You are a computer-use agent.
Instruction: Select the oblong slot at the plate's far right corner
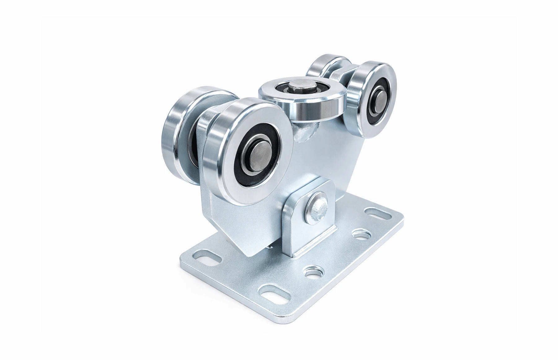[376, 214]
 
